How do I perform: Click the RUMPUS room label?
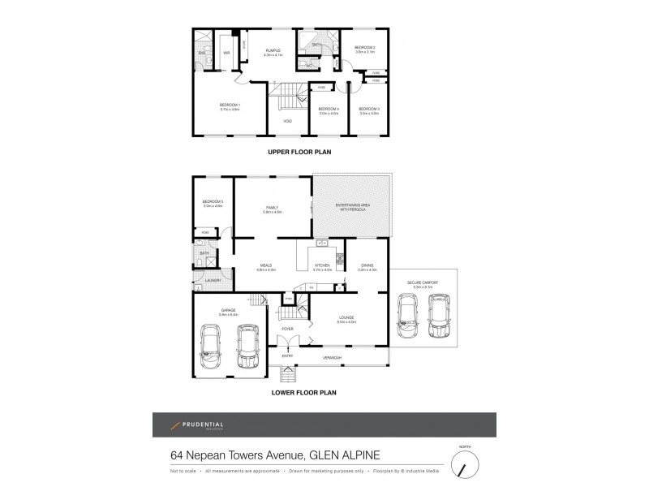[273, 50]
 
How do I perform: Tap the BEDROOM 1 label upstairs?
[230, 106]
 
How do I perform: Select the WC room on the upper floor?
[309, 65]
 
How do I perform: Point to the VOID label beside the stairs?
[287, 121]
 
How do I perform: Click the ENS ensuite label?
[201, 54]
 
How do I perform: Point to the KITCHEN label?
[322, 266]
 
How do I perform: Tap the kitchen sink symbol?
[321, 243]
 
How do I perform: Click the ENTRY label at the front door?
[287, 356]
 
